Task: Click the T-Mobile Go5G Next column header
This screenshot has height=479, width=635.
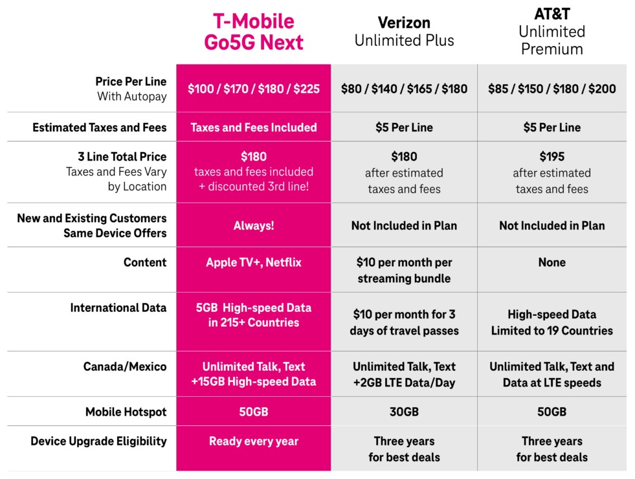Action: [254, 32]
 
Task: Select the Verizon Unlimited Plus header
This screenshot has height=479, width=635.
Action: [404, 32]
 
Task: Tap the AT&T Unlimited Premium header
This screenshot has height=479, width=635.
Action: [552, 32]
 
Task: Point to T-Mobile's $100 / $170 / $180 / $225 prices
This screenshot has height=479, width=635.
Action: [254, 89]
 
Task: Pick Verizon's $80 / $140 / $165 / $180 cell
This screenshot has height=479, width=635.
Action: [404, 89]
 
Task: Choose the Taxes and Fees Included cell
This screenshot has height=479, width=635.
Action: [254, 127]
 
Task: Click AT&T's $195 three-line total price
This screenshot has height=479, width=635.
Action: [552, 156]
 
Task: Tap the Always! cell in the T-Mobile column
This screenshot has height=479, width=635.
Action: [254, 225]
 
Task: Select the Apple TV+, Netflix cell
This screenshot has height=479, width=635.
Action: [254, 262]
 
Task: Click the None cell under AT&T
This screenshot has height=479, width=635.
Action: [552, 262]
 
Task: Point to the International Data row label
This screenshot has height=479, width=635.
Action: [118, 307]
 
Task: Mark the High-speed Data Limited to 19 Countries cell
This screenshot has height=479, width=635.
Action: [552, 322]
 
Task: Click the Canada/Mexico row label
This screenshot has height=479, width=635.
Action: [125, 366]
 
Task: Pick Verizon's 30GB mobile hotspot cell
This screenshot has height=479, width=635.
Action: [404, 412]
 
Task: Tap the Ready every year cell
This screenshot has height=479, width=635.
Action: [254, 441]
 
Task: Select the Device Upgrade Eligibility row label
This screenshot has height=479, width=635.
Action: [99, 441]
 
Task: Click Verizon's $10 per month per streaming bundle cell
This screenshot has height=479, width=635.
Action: [404, 271]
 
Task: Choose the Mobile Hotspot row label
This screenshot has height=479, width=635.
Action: [126, 412]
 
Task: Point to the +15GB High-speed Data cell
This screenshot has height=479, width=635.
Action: [254, 381]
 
